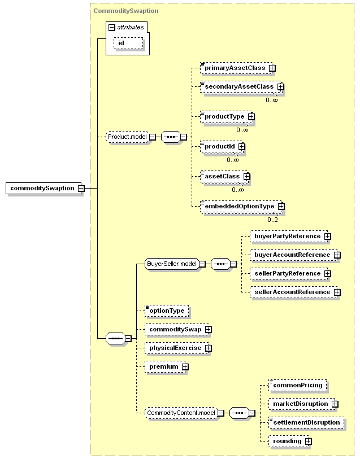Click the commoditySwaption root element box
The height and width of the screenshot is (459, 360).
pyautogui.click(x=45, y=188)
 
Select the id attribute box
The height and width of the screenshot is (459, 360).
pyautogui.click(x=128, y=43)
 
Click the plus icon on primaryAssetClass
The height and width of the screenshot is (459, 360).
pyautogui.click(x=272, y=68)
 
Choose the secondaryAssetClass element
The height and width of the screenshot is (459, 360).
pyautogui.click(x=241, y=87)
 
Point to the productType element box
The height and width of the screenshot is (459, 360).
pyautogui.click(x=227, y=116)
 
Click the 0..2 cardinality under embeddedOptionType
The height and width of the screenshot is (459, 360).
pyautogui.click(x=272, y=220)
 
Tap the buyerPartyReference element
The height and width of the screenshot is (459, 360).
pyautogui.click(x=290, y=236)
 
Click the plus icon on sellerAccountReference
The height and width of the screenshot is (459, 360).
pyautogui.click(x=337, y=292)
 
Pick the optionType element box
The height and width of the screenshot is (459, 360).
pyautogui.click(x=167, y=311)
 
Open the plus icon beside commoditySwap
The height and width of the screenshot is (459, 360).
pyautogui.click(x=208, y=329)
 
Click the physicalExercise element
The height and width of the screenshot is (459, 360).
pyautogui.click(x=177, y=348)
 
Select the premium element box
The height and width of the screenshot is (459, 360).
pyautogui.click(x=166, y=367)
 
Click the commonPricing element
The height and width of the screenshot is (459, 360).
pyautogui.click(x=298, y=385)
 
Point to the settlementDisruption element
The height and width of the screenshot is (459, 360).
pyautogui.click(x=306, y=423)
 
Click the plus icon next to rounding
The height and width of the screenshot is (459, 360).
pyautogui.click(x=308, y=441)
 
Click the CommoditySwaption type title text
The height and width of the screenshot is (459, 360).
pyautogui.click(x=126, y=11)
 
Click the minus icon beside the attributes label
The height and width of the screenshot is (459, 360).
pyautogui.click(x=111, y=28)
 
